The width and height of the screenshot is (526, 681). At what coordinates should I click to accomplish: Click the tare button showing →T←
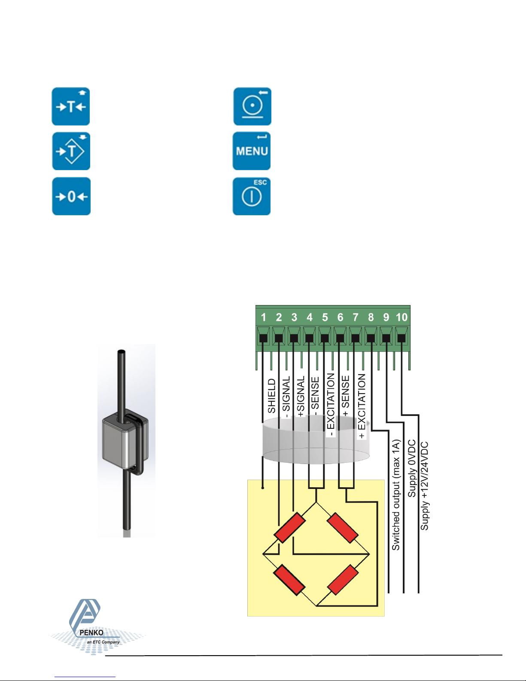71,107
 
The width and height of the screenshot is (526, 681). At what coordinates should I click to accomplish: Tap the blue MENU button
252,151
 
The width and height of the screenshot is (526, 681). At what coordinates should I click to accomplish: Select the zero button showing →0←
71,196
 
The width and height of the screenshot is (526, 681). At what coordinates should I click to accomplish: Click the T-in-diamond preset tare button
71,151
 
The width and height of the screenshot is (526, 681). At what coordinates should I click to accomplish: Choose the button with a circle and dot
252,107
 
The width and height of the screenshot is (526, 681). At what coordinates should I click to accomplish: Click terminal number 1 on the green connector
263,318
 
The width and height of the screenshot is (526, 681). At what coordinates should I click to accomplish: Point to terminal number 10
401,318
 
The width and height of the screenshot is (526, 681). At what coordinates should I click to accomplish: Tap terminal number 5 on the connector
325,318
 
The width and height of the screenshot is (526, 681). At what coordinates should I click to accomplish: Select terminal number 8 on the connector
371,318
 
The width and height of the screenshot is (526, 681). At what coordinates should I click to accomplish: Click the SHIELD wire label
272,396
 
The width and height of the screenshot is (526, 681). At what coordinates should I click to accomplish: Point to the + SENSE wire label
346,396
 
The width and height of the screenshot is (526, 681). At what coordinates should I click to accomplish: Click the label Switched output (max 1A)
395,494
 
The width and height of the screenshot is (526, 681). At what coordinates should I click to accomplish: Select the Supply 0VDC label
411,468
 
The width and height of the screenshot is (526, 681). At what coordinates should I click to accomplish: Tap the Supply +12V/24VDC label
424,486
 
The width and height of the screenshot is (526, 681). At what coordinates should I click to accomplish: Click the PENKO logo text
91,632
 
